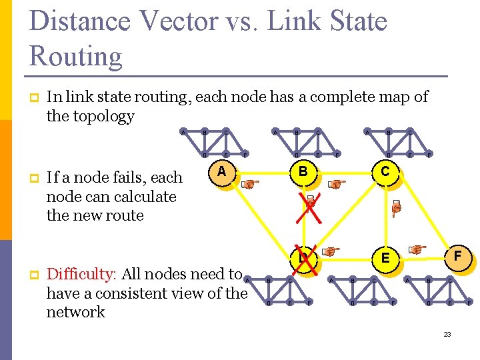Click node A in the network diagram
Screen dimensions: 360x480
(223, 173)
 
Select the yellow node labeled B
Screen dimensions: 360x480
(303, 173)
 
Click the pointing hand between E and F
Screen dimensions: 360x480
(417, 250)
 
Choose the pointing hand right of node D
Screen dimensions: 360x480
(330, 251)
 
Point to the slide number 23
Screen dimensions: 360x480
(447, 333)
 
